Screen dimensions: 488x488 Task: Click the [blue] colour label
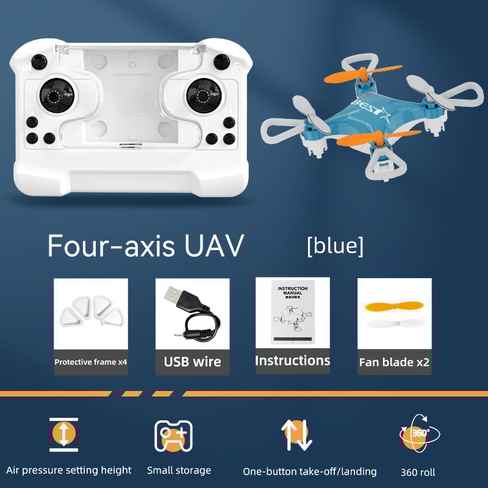pyautogui.click(x=335, y=246)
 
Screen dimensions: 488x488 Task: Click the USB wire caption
pyautogui.click(x=192, y=362)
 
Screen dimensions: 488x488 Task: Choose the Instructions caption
pyautogui.click(x=292, y=361)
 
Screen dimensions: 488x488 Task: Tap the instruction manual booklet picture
pyautogui.click(x=292, y=311)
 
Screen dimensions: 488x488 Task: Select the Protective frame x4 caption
pyautogui.click(x=90, y=362)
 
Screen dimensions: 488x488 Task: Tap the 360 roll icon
pyautogui.click(x=420, y=434)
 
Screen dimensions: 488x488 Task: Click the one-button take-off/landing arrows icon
pyautogui.click(x=296, y=435)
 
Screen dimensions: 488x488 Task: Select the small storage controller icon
pyautogui.click(x=173, y=436)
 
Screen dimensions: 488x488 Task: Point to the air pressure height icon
pyautogui.click(x=63, y=434)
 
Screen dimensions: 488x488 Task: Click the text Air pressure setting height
pyautogui.click(x=69, y=470)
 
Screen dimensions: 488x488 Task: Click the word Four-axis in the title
pyautogui.click(x=110, y=246)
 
